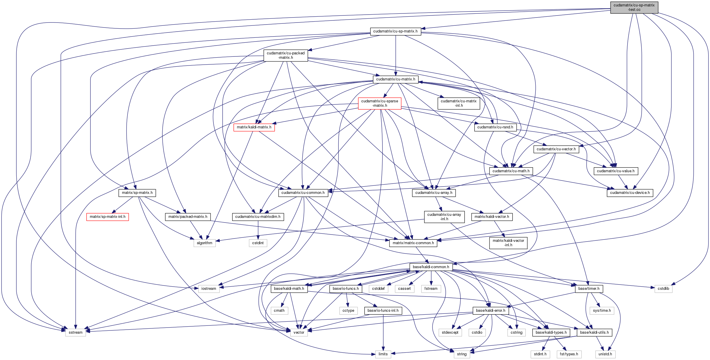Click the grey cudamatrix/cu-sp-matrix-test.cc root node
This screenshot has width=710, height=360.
tap(634, 7)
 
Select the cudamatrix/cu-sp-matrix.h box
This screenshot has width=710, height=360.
tap(395, 31)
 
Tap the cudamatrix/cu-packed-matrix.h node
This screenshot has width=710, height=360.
tap(285, 55)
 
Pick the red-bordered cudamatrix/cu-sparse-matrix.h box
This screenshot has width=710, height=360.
tap(380, 103)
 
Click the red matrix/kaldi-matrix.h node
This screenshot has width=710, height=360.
tap(254, 127)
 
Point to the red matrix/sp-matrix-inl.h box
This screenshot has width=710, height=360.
tap(107, 217)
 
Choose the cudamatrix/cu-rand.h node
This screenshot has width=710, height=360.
tap(495, 127)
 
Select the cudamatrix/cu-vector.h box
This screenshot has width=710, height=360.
tap(556, 149)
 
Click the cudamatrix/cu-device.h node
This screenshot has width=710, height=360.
tap(630, 193)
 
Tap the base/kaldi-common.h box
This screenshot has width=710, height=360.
tap(431, 267)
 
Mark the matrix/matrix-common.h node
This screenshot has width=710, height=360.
tap(413, 243)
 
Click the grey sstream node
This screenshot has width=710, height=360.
tap(75, 333)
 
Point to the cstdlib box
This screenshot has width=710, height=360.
tap(663, 289)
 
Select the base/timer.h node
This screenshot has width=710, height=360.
tap(589, 289)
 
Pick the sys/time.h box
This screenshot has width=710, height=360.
tap(602, 311)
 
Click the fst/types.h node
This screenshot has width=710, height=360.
tap(569, 354)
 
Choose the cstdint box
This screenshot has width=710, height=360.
tap(258, 243)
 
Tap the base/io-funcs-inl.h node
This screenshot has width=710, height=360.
tap(383, 311)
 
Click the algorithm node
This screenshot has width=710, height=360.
tap(204, 243)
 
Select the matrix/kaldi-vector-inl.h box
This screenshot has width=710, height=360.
tap(508, 243)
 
